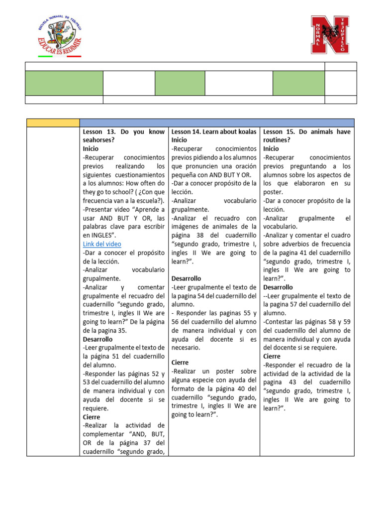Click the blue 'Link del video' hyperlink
click(102, 244)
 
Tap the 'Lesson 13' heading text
click(99, 132)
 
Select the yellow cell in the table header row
click(53, 123)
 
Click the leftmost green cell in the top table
click(64, 83)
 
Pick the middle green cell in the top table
click(180, 83)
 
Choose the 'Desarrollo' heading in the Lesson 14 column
click(187, 278)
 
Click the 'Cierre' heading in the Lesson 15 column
click(272, 356)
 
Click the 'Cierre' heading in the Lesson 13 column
click(92, 417)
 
